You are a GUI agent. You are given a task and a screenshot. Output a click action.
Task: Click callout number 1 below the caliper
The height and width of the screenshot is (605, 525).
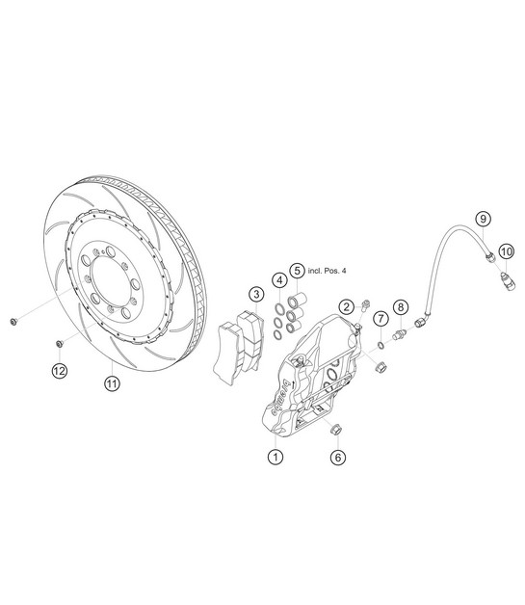(x=276, y=457)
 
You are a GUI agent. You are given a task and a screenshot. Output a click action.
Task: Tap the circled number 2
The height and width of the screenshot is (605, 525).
(x=347, y=306)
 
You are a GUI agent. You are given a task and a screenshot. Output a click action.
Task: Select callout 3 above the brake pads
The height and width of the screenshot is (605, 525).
(x=256, y=295)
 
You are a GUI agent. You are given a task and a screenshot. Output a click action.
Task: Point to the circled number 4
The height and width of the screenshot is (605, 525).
(x=279, y=280)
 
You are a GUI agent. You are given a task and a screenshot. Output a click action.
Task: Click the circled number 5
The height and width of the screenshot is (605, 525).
(x=297, y=271)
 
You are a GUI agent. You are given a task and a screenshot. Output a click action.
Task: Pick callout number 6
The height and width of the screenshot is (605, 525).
(x=338, y=458)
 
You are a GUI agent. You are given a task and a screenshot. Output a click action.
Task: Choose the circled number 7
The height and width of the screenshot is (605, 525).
(x=381, y=319)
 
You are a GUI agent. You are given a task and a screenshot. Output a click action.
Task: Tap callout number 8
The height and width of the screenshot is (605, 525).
(x=401, y=307)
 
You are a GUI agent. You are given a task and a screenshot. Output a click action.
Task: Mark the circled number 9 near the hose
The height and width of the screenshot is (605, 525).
(x=483, y=219)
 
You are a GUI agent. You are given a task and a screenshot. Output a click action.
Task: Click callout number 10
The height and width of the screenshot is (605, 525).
(x=507, y=251)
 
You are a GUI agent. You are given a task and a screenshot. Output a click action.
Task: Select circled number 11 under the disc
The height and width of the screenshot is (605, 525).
(x=112, y=383)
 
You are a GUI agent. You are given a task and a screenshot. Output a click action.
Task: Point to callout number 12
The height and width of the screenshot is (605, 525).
(x=60, y=371)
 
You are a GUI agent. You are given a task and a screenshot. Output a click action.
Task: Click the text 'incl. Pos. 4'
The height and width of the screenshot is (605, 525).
(x=327, y=271)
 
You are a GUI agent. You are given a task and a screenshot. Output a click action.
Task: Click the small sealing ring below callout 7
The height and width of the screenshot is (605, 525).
(x=381, y=345)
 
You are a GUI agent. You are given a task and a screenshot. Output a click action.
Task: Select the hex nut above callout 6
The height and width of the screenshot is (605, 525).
(x=335, y=430)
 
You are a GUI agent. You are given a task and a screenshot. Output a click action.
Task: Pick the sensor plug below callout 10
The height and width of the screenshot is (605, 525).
(x=508, y=281)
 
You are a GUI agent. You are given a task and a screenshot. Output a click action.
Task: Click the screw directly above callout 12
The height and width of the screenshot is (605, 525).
(x=60, y=343)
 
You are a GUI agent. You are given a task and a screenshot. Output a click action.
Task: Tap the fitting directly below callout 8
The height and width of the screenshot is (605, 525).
(x=400, y=335)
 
